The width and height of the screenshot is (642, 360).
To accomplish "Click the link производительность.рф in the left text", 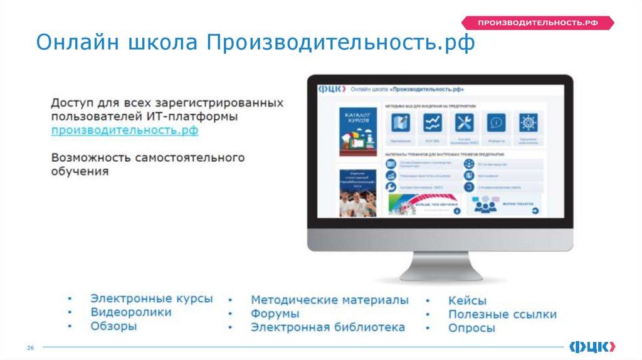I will (x=125, y=130).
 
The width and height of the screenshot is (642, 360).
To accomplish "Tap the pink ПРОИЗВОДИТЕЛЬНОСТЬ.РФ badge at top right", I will (x=537, y=23).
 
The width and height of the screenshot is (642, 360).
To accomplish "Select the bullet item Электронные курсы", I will (x=151, y=299).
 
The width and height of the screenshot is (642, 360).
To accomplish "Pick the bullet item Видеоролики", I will (x=130, y=312).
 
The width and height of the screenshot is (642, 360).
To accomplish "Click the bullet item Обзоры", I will (x=113, y=326).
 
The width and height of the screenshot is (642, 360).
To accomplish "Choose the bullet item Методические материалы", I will (x=330, y=300).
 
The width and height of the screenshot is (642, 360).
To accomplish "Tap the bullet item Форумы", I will (x=275, y=314).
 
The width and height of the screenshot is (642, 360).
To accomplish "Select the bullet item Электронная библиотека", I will (x=327, y=327).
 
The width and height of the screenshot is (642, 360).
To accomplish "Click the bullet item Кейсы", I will (x=467, y=301).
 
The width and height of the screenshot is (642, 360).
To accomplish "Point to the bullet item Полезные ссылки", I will (x=502, y=315).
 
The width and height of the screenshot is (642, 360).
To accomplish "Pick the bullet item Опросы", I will (x=471, y=328).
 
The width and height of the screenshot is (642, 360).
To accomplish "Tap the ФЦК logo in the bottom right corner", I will (x=592, y=347).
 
